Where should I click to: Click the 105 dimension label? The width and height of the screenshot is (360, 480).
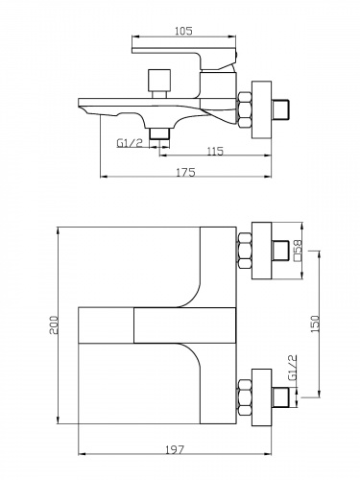tap(184, 31)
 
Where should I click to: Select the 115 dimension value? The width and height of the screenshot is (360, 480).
tap(215, 151)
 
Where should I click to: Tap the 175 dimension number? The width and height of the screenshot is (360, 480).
tap(185, 172)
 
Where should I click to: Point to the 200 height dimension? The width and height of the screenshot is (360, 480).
tap(54, 325)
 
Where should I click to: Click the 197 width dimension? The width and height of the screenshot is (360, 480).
tap(175, 449)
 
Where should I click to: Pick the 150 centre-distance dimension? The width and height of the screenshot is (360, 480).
tap(315, 324)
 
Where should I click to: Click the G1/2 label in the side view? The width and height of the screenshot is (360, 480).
tap(130, 143)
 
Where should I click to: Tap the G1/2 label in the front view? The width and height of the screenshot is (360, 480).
tap(293, 368)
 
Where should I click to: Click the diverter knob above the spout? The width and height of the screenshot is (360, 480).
tap(159, 84)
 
